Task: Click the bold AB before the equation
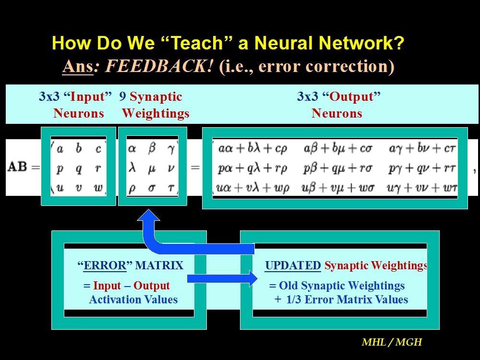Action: click(17, 167)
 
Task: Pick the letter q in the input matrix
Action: click(79, 168)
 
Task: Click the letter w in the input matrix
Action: click(98, 187)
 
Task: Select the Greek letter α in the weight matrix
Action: click(132, 149)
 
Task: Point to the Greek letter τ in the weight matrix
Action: click(171, 188)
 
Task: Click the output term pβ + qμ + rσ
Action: click(337, 168)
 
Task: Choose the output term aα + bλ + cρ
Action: click(253, 149)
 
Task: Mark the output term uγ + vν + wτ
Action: click(422, 188)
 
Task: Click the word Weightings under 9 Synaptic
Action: click(156, 114)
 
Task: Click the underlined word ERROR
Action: click(105, 265)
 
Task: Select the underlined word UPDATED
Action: click(293, 265)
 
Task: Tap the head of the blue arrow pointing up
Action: click(148, 215)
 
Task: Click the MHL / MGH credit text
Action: click(392, 342)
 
